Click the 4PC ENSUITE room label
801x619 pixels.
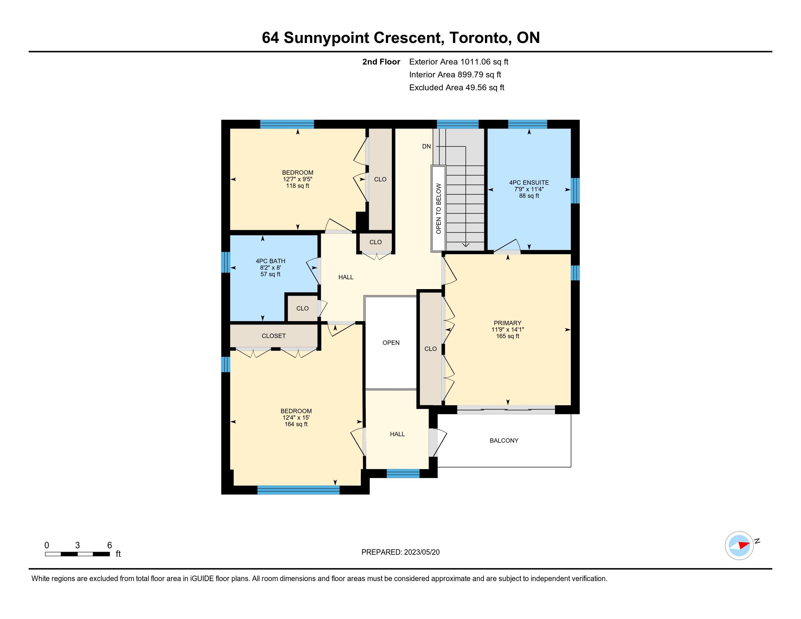click(529, 183)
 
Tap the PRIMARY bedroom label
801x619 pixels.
click(508, 323)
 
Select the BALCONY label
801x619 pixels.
click(504, 441)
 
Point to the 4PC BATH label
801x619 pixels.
click(270, 261)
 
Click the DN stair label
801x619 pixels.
click(426, 147)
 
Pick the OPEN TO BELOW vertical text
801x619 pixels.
click(439, 209)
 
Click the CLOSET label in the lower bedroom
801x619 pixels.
click(273, 336)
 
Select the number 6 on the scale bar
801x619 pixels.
click(109, 545)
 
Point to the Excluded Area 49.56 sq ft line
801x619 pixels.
click(457, 88)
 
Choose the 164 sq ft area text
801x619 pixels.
click(296, 424)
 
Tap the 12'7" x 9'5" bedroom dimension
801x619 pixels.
click(297, 179)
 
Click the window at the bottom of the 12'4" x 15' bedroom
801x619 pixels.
click(299, 490)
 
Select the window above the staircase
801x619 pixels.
click(458, 124)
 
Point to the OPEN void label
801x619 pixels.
click(391, 343)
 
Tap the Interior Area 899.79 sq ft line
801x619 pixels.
click(455, 75)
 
